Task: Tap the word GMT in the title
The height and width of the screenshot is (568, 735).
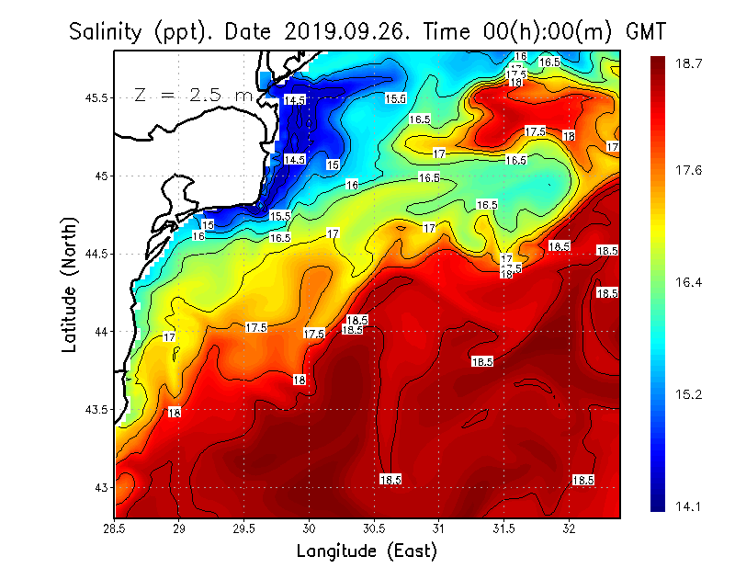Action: pos(646,31)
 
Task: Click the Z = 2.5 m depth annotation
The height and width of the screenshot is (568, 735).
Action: pos(193,94)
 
